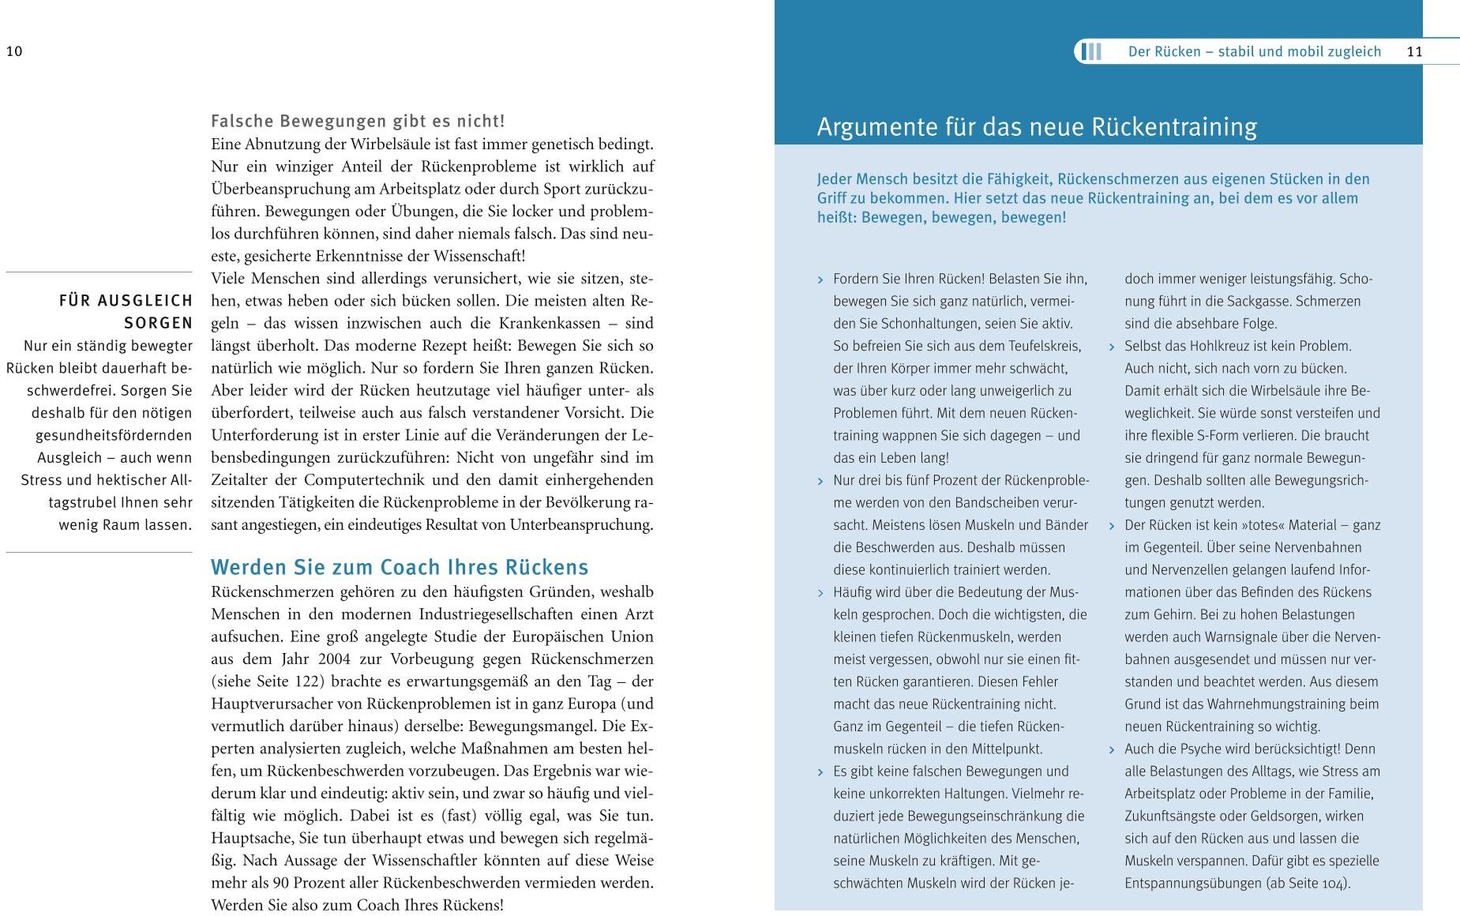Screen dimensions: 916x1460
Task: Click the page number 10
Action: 14,52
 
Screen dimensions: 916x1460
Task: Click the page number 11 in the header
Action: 1414,52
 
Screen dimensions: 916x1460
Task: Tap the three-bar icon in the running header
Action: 1092,52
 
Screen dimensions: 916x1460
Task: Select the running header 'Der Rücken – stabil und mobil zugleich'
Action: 1254,52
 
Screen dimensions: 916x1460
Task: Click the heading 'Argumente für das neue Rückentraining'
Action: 1036,127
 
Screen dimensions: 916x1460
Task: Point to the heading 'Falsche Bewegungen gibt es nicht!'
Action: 358,122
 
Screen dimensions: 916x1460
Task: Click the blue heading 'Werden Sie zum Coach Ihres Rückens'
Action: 400,568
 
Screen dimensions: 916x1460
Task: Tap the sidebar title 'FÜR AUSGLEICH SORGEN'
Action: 126,312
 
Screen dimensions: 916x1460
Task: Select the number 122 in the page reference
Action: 305,681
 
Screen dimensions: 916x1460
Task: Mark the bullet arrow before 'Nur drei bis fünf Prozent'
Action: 821,481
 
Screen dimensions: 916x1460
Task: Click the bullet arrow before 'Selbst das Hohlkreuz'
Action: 1113,347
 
